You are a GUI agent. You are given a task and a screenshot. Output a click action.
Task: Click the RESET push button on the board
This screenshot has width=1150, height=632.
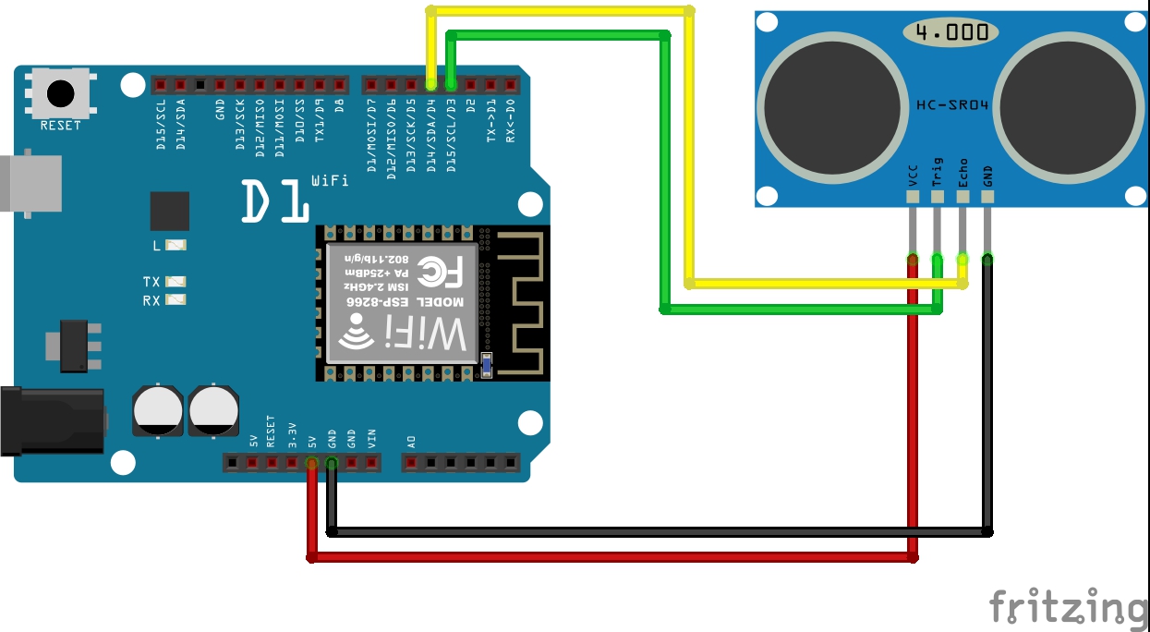[61, 93]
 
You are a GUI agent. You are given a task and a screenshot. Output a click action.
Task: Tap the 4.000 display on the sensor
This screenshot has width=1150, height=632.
[950, 32]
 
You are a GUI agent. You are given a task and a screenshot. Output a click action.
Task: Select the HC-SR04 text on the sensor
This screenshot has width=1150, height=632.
[952, 105]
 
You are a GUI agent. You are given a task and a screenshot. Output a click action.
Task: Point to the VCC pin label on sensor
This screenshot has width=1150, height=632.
[914, 175]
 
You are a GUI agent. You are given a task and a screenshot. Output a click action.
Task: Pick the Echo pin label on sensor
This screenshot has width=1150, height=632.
[962, 173]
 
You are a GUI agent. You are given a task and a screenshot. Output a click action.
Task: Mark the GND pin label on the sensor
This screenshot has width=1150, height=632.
[987, 175]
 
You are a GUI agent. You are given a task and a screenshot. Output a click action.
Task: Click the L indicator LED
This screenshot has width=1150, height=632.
[176, 245]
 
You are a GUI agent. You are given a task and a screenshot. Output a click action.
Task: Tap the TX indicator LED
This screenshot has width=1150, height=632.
[176, 282]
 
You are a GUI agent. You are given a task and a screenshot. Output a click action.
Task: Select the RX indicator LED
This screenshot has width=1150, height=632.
[176, 300]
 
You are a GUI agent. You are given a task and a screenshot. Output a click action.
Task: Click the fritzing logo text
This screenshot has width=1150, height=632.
[1068, 607]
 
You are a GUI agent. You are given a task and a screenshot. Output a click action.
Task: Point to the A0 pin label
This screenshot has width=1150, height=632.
[411, 441]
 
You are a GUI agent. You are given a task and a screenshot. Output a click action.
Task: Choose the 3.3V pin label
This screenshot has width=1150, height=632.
[291, 434]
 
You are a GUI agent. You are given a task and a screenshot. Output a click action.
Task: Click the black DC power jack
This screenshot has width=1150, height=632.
[51, 421]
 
